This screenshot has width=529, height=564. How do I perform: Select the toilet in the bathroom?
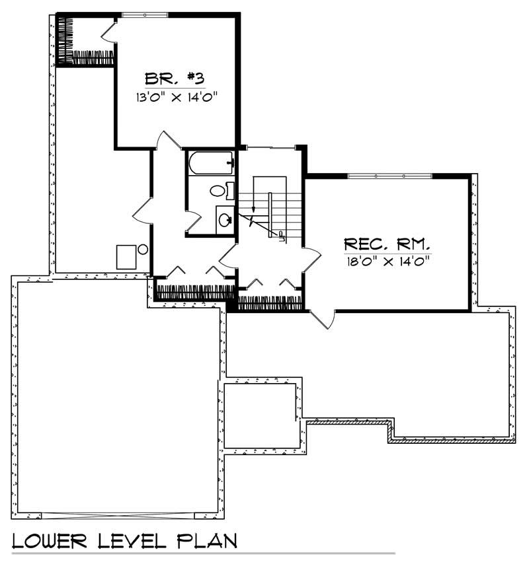coord(221,191)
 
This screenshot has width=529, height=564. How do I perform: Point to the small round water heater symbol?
coord(142,249)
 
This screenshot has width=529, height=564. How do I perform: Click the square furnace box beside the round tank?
coord(126,256)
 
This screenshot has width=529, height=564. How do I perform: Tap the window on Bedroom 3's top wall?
coord(145,14)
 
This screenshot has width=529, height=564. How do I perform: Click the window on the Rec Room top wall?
coord(390,176)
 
